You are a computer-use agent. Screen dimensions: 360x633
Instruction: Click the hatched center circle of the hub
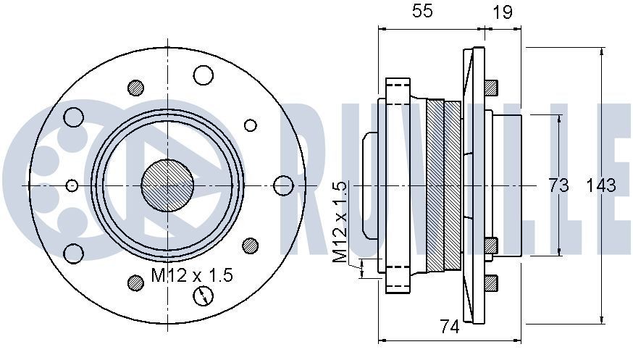click(167, 185)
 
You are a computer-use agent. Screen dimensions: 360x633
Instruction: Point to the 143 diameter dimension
click(600, 185)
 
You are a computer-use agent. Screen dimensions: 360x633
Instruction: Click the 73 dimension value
click(558, 185)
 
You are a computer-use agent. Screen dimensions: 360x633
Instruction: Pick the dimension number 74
click(450, 327)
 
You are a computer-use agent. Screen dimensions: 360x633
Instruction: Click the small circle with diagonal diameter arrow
click(204, 296)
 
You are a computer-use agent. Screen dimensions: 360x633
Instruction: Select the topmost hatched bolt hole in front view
click(135, 88)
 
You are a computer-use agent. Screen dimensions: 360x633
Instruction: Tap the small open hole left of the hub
click(71, 185)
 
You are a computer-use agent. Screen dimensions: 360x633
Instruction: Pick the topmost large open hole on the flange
click(204, 75)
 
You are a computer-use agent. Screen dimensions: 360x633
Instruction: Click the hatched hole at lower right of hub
click(251, 245)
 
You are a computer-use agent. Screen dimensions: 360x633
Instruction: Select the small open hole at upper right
click(251, 125)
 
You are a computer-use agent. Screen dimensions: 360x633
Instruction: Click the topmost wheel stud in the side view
click(490, 87)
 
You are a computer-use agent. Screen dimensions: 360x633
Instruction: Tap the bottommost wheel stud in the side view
click(490, 283)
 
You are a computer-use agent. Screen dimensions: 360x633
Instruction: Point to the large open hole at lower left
click(73, 254)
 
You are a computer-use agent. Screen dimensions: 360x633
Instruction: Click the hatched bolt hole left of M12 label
click(135, 282)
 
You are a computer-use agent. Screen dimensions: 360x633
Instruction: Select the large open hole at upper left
click(73, 117)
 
